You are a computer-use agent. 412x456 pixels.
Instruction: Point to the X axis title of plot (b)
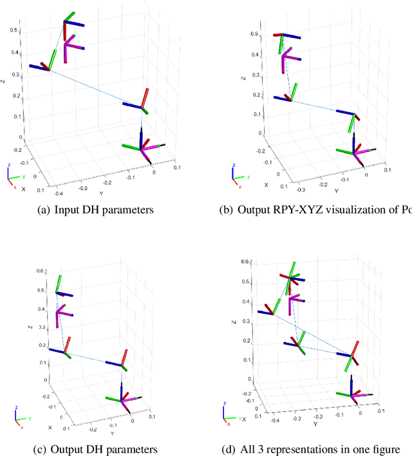click(x=267, y=185)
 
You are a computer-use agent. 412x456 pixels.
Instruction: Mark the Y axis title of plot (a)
click(x=100, y=193)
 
